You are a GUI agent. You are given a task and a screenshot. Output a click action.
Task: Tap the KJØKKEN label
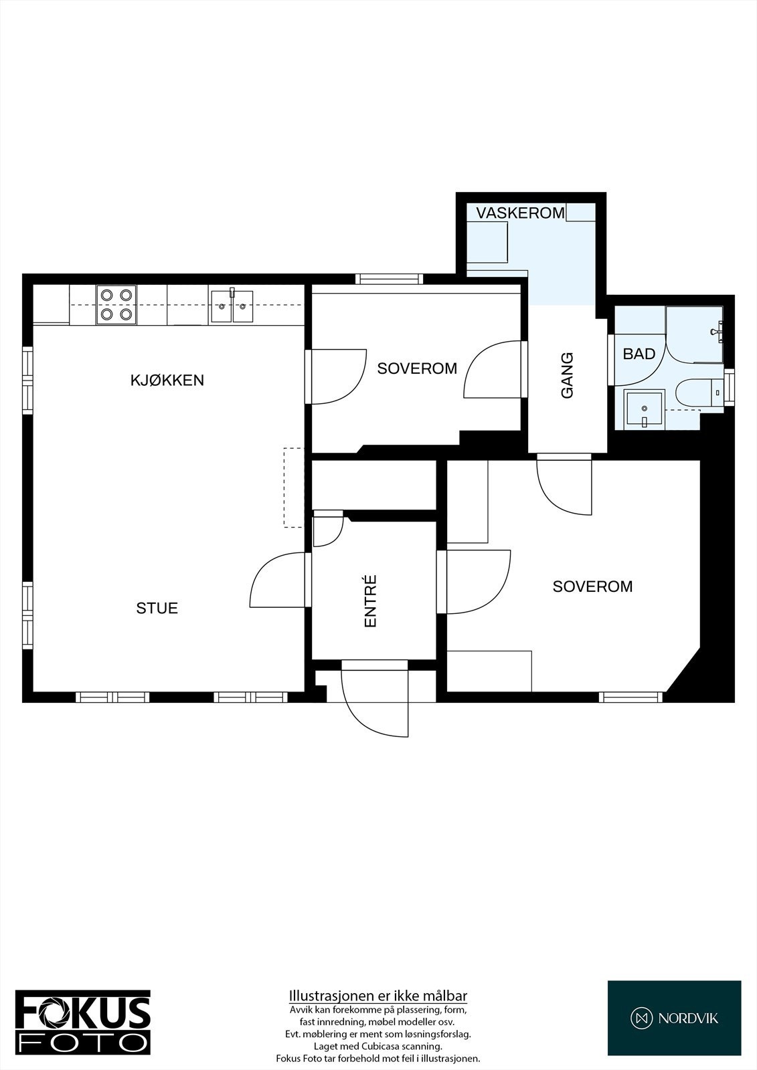click(167, 381)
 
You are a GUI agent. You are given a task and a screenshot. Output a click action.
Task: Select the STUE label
click(157, 608)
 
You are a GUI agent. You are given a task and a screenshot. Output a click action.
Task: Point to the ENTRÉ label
click(370, 601)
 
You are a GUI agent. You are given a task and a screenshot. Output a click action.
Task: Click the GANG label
click(567, 376)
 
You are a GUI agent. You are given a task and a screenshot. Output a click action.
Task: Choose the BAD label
click(639, 354)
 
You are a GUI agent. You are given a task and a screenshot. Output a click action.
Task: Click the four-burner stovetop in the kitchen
click(116, 304)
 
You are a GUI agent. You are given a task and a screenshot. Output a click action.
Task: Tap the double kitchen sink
click(231, 305)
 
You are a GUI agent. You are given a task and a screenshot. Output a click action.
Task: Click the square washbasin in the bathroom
click(644, 409)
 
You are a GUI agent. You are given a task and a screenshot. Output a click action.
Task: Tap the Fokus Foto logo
click(83, 1022)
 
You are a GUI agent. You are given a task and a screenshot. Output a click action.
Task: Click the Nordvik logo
click(674, 1018)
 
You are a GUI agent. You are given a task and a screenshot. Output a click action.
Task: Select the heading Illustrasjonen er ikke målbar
click(377, 995)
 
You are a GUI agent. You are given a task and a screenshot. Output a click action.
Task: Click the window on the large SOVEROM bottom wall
click(630, 697)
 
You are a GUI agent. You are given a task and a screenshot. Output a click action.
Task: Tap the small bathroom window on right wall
click(730, 388)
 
